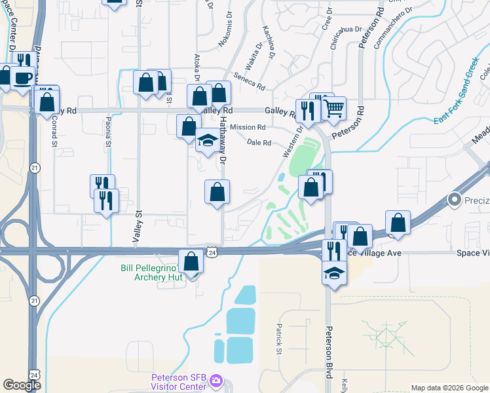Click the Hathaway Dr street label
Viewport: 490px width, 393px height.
223,141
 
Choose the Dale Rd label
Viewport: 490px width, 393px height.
259,142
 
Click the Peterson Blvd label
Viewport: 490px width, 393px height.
330,351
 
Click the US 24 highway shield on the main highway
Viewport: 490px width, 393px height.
211,252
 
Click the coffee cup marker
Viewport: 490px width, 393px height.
24,77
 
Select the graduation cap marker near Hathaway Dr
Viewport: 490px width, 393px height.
208,140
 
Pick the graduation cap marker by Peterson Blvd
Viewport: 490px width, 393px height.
334,272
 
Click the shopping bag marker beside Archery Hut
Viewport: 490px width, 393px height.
191,261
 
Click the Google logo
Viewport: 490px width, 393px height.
22,385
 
